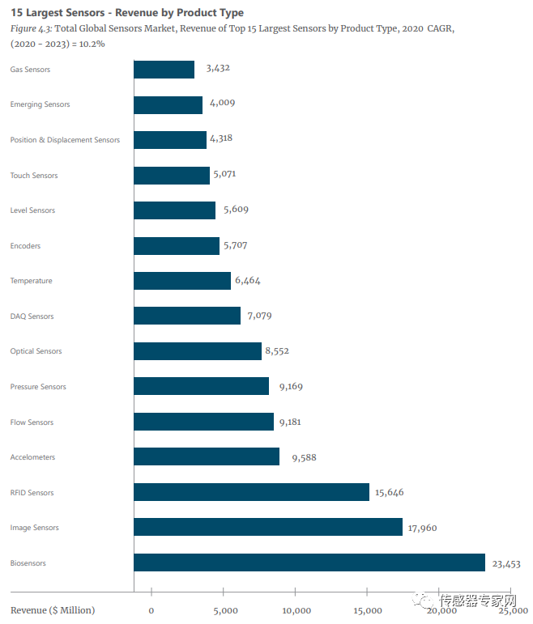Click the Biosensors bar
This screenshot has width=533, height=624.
(309, 562)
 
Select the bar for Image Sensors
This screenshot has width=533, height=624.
(267, 527)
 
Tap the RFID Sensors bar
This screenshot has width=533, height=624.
(251, 492)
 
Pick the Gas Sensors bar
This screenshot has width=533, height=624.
(164, 70)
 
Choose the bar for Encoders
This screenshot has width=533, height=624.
(176, 245)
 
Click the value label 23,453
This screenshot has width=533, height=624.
(506, 563)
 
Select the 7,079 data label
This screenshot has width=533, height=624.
(260, 316)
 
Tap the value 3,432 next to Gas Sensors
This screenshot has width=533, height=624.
(218, 68)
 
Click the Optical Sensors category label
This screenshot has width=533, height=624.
(36, 351)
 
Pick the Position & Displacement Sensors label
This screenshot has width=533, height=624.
(65, 140)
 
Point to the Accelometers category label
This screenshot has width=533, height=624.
(32, 457)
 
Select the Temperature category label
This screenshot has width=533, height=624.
(31, 281)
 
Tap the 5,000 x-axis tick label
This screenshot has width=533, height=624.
(224, 610)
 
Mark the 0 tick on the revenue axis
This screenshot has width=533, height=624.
(151, 610)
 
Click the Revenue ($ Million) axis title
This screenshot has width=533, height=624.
(53, 610)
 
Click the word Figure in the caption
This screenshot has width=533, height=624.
(23, 28)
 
